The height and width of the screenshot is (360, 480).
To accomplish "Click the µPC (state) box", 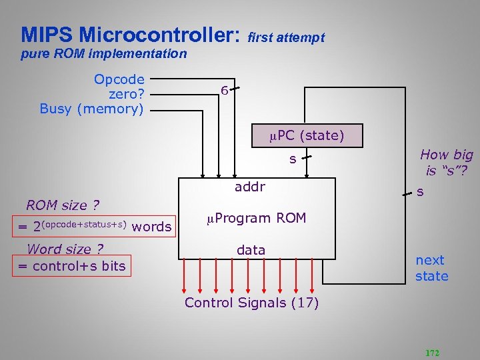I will (x=307, y=136).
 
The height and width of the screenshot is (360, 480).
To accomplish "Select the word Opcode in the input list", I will (x=119, y=79).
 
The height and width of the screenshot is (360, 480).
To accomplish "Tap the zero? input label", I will (x=127, y=94).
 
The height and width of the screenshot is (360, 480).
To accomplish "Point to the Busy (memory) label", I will (x=92, y=109).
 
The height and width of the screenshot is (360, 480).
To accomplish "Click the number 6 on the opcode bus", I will (x=225, y=91).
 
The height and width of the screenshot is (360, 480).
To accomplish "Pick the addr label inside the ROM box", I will (x=250, y=187).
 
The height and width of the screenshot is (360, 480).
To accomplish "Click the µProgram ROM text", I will (x=256, y=218).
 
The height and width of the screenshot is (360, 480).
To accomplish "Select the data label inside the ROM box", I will (x=251, y=250).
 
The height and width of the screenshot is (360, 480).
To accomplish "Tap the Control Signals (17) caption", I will (x=251, y=303).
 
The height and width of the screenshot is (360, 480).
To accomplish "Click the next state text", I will (x=431, y=268).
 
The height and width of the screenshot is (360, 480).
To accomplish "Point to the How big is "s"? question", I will (x=446, y=162).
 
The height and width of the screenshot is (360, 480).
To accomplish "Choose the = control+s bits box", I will (x=71, y=267).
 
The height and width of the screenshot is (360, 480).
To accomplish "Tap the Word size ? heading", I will (x=65, y=249).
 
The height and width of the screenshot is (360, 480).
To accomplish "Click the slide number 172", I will (x=433, y=353).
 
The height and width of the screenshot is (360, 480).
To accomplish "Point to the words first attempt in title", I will (x=286, y=38).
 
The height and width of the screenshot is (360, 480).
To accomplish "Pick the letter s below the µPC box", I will (x=292, y=159).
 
